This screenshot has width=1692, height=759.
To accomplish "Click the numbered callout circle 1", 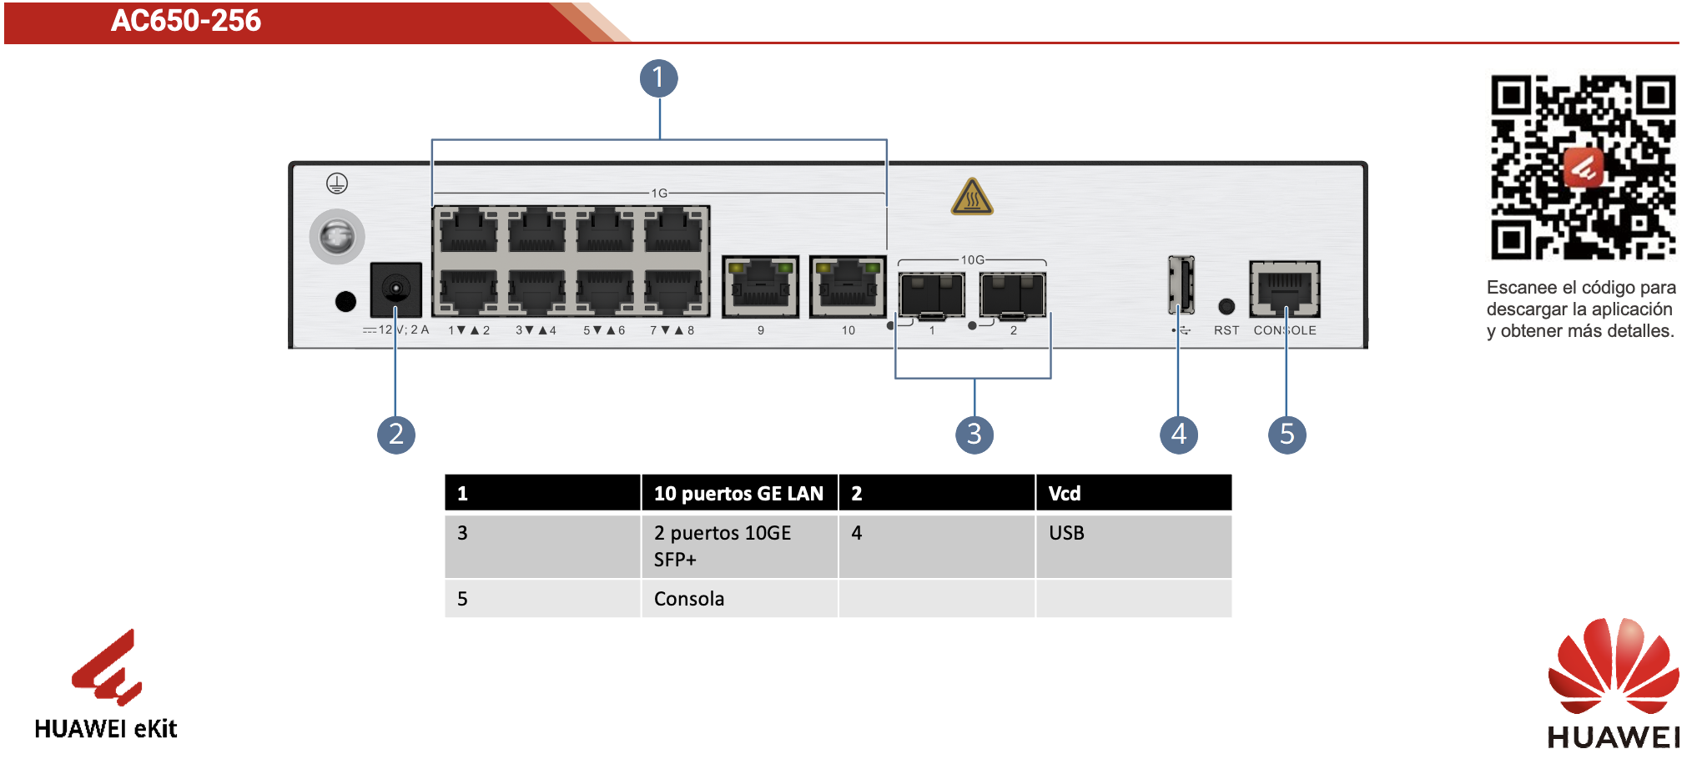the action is pyautogui.click(x=658, y=78).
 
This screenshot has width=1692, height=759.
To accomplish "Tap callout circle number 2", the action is pyautogui.click(x=396, y=435).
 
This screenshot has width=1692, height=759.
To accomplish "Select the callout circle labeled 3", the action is pyautogui.click(x=974, y=435).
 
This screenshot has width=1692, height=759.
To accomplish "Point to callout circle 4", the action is pyautogui.click(x=1179, y=435).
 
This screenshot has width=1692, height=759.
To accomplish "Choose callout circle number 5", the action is pyautogui.click(x=1287, y=435).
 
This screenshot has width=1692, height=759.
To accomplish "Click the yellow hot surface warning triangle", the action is pyautogui.click(x=972, y=197).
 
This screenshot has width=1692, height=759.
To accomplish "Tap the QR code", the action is pyautogui.click(x=1583, y=168).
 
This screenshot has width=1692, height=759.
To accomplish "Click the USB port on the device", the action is pyautogui.click(x=1181, y=284).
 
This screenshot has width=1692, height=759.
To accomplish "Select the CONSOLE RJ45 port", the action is pyautogui.click(x=1285, y=289).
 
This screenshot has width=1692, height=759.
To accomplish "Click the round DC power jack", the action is pyautogui.click(x=395, y=289).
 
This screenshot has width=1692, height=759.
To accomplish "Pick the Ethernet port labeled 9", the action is pyautogui.click(x=760, y=287).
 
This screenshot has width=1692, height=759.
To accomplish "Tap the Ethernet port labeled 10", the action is pyautogui.click(x=848, y=287).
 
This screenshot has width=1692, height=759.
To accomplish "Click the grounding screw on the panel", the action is pyautogui.click(x=337, y=237).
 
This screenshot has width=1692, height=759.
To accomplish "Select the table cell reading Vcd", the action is pyautogui.click(x=1133, y=493).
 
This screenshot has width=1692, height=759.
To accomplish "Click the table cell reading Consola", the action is pyautogui.click(x=738, y=599).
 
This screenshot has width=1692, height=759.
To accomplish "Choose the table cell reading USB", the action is pyautogui.click(x=1133, y=546).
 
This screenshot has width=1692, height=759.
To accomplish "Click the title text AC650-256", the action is pyautogui.click(x=186, y=21).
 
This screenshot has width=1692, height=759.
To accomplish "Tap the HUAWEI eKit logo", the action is pyautogui.click(x=106, y=685).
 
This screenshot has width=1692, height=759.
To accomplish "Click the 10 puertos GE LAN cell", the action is pyautogui.click(x=738, y=493).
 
